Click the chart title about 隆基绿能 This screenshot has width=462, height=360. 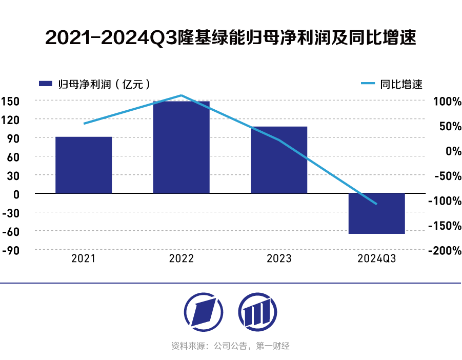(x=231, y=38)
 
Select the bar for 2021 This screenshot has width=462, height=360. (x=84, y=165)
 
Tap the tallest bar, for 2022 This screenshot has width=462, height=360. (x=181, y=147)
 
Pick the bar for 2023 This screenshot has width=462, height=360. (x=279, y=160)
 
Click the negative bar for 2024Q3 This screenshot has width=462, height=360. (x=376, y=213)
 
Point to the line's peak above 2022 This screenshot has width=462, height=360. (x=181, y=95)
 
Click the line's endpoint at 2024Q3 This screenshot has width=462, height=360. (x=376, y=204)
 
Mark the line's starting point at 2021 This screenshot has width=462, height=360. (x=84, y=124)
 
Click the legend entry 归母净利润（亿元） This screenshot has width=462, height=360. (x=95, y=85)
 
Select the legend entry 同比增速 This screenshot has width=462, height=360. (x=393, y=85)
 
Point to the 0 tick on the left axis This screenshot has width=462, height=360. (x=16, y=194)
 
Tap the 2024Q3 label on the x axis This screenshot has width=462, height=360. (x=376, y=258)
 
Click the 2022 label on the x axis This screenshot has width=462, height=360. (x=181, y=258)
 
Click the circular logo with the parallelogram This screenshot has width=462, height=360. (x=204, y=311)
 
